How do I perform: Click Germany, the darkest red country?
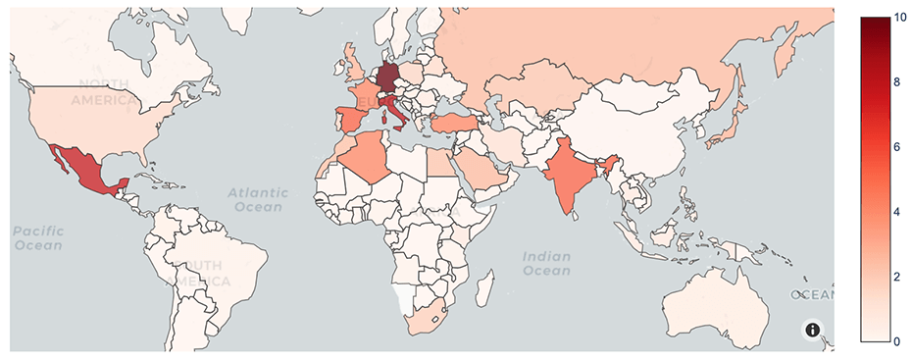(x=388, y=77)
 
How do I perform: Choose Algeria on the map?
(x=368, y=158)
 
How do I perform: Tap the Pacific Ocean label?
(x=38, y=237)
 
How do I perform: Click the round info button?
(x=813, y=331)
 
